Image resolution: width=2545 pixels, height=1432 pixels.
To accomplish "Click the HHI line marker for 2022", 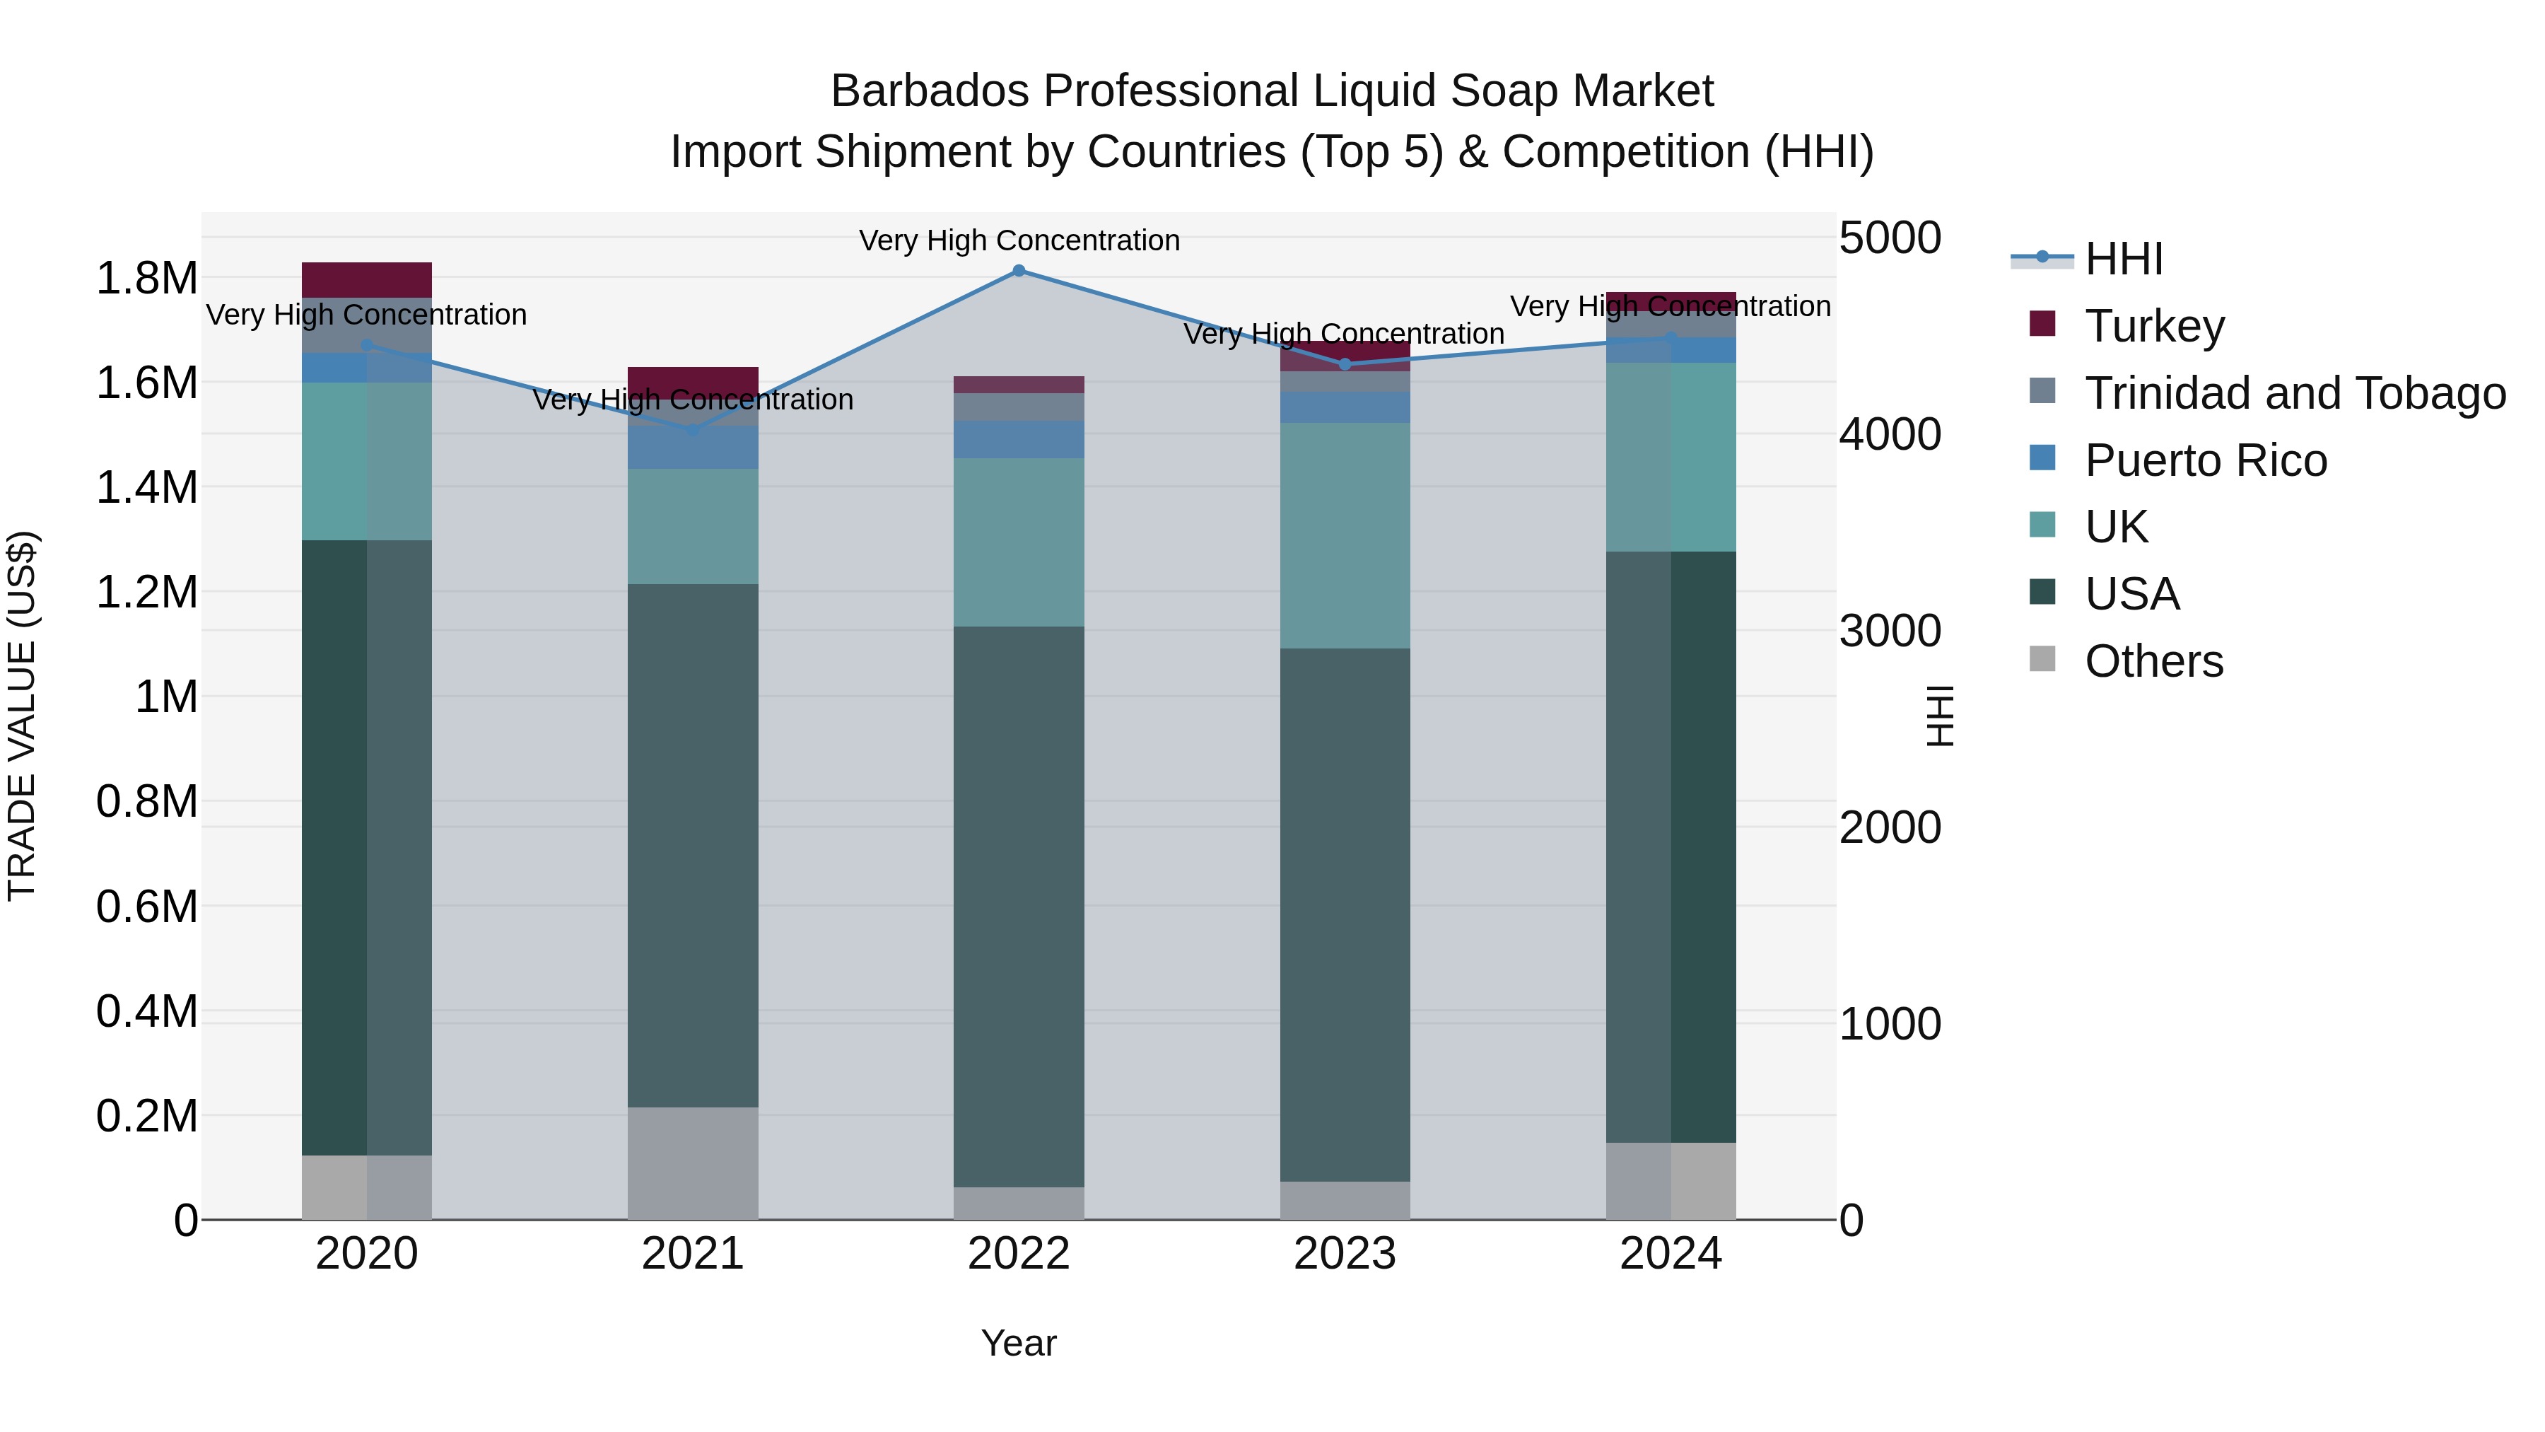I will click(1019, 271).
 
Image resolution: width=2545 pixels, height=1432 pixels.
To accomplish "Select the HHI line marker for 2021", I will click(693, 431).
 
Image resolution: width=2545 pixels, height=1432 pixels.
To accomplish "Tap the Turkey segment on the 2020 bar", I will click(366, 279).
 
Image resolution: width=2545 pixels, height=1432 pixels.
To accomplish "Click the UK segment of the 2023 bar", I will click(1345, 535).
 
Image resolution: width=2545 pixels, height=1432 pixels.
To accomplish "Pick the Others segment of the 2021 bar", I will click(693, 1163).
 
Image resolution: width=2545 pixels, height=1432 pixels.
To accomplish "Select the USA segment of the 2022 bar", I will click(1019, 907).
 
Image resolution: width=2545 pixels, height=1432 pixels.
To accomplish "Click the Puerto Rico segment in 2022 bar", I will click(1019, 440).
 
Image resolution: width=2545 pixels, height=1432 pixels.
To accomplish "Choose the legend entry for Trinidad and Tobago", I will click(2294, 393).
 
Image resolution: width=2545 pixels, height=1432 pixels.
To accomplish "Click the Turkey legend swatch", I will click(2041, 324).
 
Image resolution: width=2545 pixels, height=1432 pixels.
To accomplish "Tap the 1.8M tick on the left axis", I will click(146, 279).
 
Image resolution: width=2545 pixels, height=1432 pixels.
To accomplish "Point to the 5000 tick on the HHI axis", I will click(1889, 238).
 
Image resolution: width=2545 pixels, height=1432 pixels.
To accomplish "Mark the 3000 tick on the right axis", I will click(1889, 631).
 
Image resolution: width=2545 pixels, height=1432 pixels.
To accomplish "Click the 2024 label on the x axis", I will click(1670, 1254).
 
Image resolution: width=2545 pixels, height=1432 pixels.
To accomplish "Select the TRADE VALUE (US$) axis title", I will click(22, 716).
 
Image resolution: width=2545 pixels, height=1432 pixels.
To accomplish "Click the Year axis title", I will click(1019, 1343).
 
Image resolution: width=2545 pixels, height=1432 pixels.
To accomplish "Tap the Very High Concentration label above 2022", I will click(1019, 240).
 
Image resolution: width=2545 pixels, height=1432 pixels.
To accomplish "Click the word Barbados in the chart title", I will click(930, 92).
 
